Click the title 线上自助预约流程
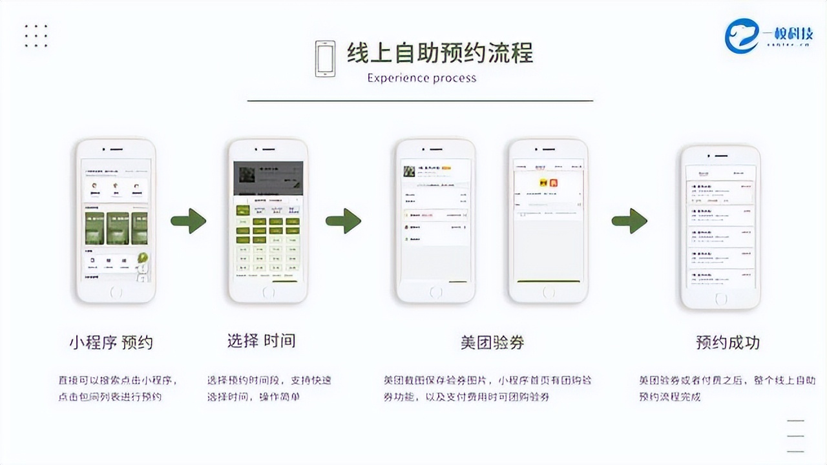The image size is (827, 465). pos(440,53)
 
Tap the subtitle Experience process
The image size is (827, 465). pos(421,78)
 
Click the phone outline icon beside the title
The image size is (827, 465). pos(325,59)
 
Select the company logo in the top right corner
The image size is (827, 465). pos(768,35)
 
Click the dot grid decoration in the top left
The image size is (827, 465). pos(36,36)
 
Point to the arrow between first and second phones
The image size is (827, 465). pos(188,222)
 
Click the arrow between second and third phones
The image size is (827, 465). pos(343,222)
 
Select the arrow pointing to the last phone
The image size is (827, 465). pos(629,222)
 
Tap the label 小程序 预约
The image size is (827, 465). pos(111,342)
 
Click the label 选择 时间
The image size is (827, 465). pos(261,341)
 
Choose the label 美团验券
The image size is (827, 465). pos(492,342)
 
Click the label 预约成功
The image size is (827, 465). pos(728,342)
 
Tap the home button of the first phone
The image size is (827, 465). pos(116,292)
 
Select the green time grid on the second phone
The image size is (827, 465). pos(267,239)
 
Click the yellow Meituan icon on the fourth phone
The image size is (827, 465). pos(544,183)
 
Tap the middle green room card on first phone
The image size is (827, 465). pos(118,228)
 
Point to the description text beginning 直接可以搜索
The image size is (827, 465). pos(118,388)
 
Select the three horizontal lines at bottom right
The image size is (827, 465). pos(796,436)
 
